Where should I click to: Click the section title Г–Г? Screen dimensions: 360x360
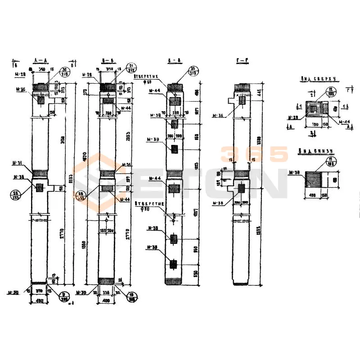pos(243,60)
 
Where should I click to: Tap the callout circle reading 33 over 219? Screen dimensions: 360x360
pos(193,70)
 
